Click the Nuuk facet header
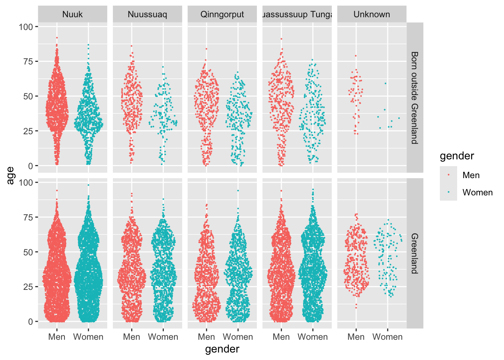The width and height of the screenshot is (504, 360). (x=72, y=15)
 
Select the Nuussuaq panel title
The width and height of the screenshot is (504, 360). (x=147, y=15)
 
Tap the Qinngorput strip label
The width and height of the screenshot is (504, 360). (x=222, y=15)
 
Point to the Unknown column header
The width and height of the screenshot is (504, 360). (x=372, y=15)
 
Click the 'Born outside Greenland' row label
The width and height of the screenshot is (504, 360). (x=414, y=97)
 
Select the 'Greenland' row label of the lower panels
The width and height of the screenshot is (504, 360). (x=414, y=253)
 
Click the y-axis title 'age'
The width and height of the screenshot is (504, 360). (x=10, y=175)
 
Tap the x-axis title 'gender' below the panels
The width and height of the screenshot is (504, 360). (x=222, y=349)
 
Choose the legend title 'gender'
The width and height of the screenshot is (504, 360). (x=457, y=156)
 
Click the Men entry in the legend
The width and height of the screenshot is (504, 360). (x=471, y=175)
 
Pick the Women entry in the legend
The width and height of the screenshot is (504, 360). (x=477, y=192)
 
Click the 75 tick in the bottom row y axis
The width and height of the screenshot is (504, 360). (x=28, y=217)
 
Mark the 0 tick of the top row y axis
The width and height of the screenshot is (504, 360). (x=30, y=166)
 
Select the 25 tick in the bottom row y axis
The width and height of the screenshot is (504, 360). (x=28, y=287)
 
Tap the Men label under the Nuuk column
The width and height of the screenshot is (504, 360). (x=57, y=337)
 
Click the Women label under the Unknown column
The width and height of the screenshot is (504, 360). (x=387, y=337)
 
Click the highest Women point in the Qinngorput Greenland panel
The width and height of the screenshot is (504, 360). (x=238, y=190)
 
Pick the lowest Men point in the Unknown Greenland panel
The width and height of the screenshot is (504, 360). (x=356, y=307)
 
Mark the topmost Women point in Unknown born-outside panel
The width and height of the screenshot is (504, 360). (x=385, y=83)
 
